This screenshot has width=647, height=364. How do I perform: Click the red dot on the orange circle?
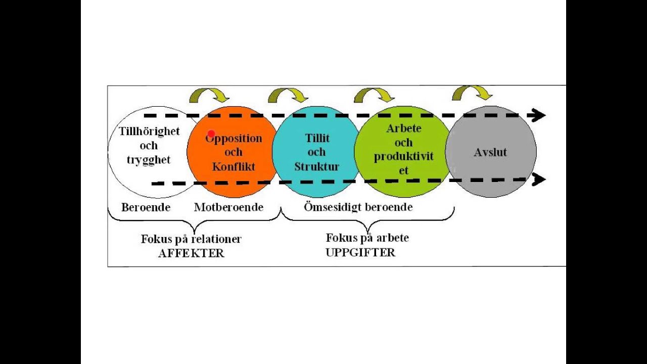click(211, 134)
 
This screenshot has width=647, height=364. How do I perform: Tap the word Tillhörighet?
click(149, 131)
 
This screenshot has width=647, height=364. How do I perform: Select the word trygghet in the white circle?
click(149, 160)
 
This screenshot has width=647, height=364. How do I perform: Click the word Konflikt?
click(234, 166)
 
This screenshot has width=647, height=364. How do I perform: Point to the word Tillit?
click(317, 138)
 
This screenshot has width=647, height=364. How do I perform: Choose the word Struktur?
click(317, 166)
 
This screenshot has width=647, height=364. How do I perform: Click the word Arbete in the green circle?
click(403, 128)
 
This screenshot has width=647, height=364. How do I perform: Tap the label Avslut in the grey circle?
click(490, 152)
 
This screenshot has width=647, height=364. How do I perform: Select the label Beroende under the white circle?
click(146, 207)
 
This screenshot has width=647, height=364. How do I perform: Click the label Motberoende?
click(228, 207)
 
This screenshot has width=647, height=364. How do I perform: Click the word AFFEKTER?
click(191, 254)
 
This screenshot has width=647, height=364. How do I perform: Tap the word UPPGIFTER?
click(360, 252)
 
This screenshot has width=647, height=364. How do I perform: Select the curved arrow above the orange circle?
click(209, 95)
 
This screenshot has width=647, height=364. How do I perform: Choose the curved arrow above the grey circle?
click(472, 93)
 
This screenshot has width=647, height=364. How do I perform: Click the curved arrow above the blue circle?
click(288, 95)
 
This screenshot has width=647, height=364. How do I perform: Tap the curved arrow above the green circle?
click(374, 95)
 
